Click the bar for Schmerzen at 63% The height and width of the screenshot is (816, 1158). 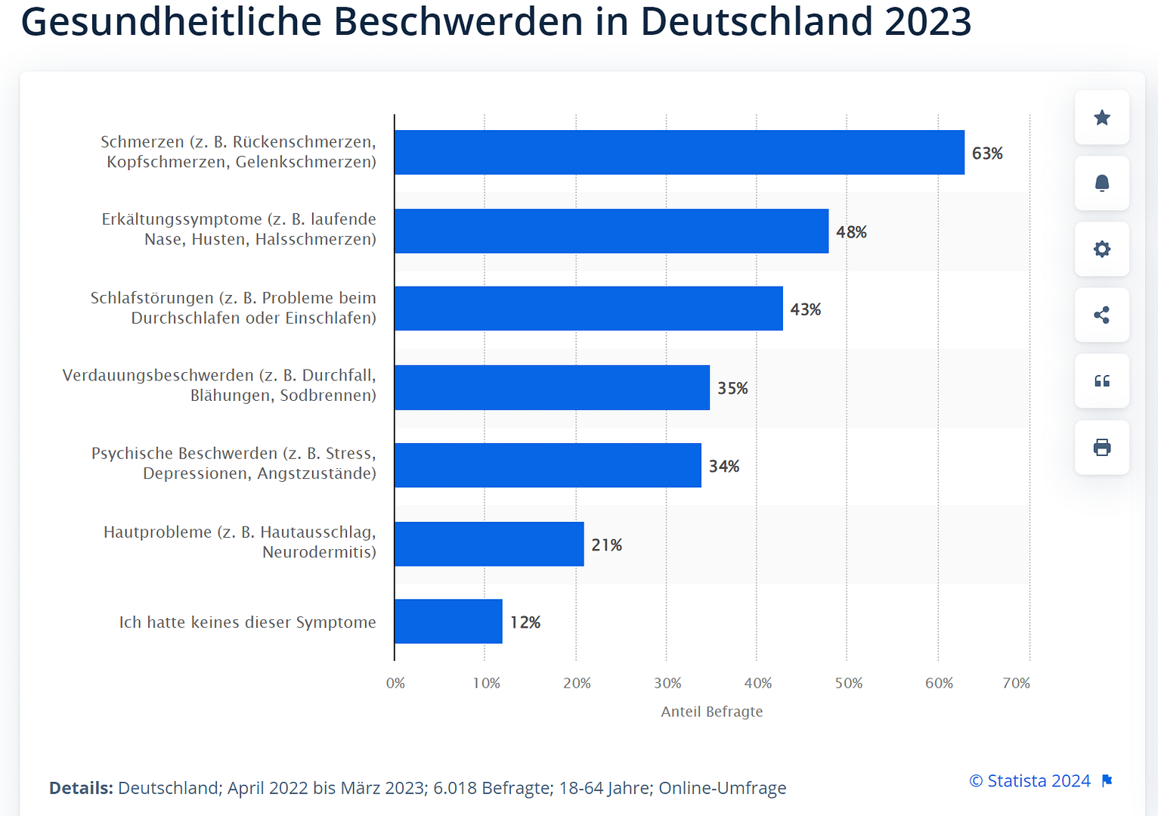[x=679, y=153]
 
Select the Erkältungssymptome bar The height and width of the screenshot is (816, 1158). [x=611, y=231]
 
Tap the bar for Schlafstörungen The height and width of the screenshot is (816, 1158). [x=588, y=309]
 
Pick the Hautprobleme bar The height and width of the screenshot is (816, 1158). [x=489, y=545]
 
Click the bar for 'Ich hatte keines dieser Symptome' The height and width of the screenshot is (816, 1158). [x=448, y=622]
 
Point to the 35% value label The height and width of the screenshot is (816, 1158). [x=732, y=388]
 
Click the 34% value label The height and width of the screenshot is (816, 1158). [x=723, y=466]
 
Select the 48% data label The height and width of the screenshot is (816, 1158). [x=851, y=232]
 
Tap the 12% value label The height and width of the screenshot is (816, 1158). [x=525, y=622]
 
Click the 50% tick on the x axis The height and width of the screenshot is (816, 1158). [x=848, y=683]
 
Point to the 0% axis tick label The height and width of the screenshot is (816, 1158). [x=395, y=683]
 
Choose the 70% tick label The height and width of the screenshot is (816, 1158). [x=1016, y=683]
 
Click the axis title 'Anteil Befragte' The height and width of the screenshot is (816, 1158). [x=711, y=712]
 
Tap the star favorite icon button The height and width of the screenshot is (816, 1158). [x=1102, y=117]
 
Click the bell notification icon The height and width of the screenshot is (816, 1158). [x=1102, y=183]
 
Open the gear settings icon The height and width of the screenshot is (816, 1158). [x=1102, y=249]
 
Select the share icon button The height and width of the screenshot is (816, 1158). [x=1102, y=315]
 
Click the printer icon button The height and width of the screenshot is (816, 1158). [x=1102, y=448]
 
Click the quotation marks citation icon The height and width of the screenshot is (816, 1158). [x=1102, y=381]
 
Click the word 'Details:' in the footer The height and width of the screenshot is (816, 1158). [x=81, y=788]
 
